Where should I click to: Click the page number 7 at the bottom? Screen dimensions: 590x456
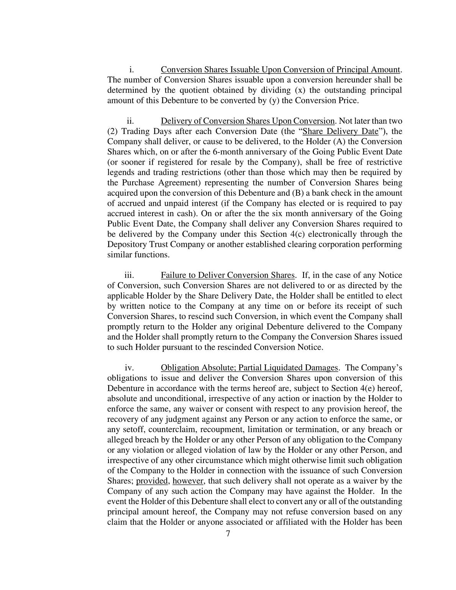click(x=228, y=534)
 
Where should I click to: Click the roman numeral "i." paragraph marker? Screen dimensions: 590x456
click(x=131, y=70)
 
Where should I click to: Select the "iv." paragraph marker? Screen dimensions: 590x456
click(x=129, y=368)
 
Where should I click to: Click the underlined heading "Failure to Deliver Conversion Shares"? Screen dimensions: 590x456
click(x=228, y=275)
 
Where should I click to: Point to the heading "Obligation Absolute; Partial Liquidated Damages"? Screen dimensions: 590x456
click(x=249, y=368)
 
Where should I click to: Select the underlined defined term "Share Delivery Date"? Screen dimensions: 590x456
click(x=340, y=131)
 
